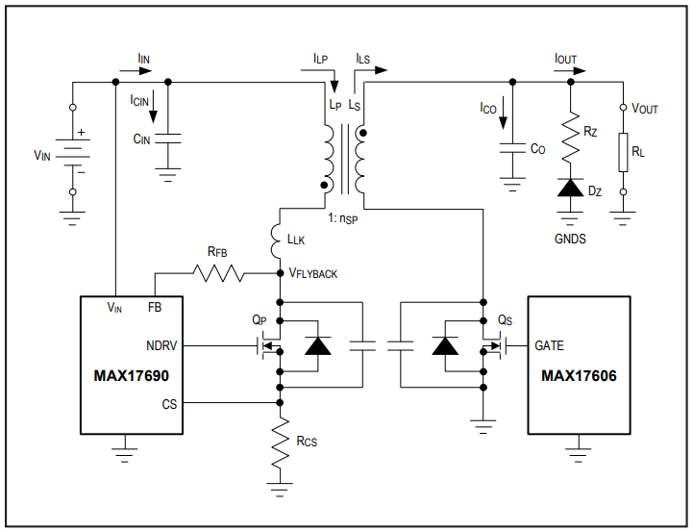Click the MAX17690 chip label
click(x=132, y=376)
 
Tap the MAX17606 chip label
click(x=579, y=376)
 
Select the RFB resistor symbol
click(x=218, y=273)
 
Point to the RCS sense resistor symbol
click(x=280, y=442)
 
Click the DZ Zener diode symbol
click(x=570, y=188)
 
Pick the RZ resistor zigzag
click(x=570, y=136)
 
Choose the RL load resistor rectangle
click(x=623, y=152)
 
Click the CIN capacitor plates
click(x=168, y=139)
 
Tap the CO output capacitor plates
click(x=512, y=148)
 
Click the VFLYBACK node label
click(x=313, y=273)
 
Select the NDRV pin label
click(x=161, y=345)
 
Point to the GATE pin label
click(x=550, y=345)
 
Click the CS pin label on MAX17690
click(x=169, y=404)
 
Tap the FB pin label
click(x=155, y=307)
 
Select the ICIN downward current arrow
click(x=153, y=106)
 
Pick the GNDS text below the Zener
click(x=570, y=239)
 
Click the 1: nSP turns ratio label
click(x=343, y=218)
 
